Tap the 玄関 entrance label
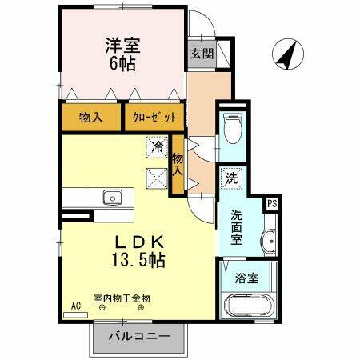click(202, 54)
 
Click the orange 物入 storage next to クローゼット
click(91, 118)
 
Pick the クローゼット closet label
click(154, 118)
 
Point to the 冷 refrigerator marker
click(158, 147)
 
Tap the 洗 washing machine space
click(230, 179)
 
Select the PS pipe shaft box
click(272, 203)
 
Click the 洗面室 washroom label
click(238, 226)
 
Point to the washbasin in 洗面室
click(268, 239)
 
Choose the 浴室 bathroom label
click(246, 279)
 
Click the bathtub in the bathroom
click(249, 306)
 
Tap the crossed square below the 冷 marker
click(156, 179)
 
